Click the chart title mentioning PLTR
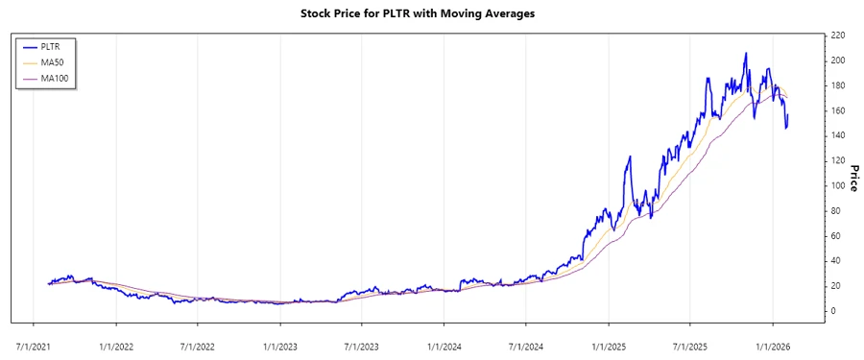[x=432, y=13]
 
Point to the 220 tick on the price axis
[x=837, y=36]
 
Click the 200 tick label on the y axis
[x=837, y=60]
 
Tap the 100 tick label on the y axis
[x=837, y=185]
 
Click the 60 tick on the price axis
[x=835, y=235]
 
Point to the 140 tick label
[x=837, y=135]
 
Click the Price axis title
[x=853, y=174]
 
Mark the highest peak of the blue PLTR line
[x=746, y=54]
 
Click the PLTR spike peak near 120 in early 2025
[x=630, y=156]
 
